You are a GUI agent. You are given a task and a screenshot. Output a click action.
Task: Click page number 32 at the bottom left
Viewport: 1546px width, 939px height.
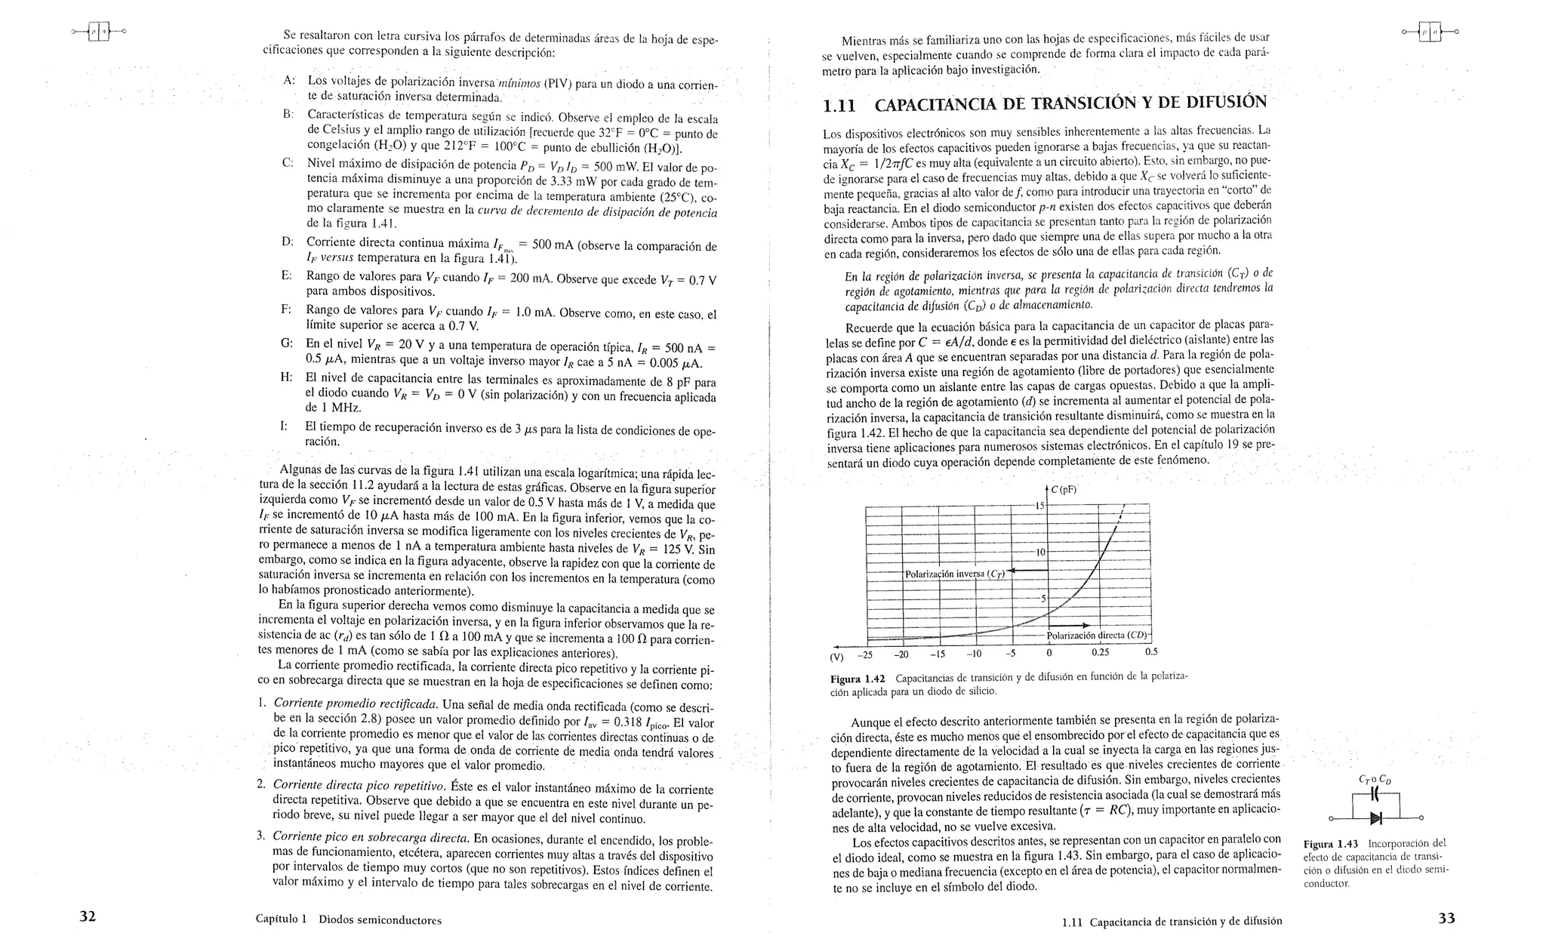pyautogui.click(x=88, y=916)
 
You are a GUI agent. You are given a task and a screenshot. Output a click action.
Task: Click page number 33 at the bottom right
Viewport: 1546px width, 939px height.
pyautogui.click(x=1446, y=918)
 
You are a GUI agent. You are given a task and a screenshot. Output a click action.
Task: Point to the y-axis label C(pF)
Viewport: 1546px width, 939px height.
pyautogui.click(x=1063, y=489)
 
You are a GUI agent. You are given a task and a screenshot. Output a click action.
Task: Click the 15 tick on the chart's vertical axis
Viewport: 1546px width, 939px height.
pyautogui.click(x=1039, y=505)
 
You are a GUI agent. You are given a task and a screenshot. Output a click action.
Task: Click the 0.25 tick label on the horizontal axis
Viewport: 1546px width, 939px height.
pyautogui.click(x=1101, y=652)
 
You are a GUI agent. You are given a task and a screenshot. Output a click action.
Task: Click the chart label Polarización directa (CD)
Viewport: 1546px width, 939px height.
pyautogui.click(x=1097, y=635)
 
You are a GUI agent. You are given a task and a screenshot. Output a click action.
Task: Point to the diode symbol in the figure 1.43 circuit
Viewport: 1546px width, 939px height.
pyautogui.click(x=1375, y=817)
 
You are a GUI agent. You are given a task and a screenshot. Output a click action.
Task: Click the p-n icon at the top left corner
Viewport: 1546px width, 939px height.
pyautogui.click(x=98, y=32)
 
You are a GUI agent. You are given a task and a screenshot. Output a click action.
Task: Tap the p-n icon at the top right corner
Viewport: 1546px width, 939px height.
pyautogui.click(x=1429, y=32)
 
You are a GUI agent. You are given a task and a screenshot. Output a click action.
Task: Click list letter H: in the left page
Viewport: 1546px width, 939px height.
pyautogui.click(x=287, y=377)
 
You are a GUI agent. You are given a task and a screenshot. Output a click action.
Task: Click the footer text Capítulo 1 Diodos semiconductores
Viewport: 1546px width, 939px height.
pyautogui.click(x=348, y=919)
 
